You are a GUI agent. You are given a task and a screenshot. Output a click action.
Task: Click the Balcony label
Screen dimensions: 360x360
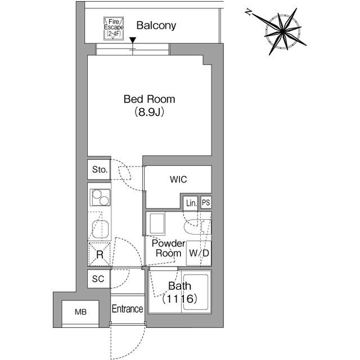(156, 25)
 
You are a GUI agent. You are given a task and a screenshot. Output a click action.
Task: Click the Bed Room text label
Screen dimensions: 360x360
(149, 100)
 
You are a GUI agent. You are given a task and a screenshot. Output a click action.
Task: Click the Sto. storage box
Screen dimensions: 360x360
(100, 169)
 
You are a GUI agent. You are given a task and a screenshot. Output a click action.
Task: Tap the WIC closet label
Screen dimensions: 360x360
(178, 180)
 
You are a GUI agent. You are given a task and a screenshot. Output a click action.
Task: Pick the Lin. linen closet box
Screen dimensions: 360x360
(191, 202)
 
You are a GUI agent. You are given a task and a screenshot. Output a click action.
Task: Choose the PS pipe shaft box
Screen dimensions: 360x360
(206, 202)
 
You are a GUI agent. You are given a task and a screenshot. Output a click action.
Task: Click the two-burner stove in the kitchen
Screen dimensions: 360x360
(100, 198)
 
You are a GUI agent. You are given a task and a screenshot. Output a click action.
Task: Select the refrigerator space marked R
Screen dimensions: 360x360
(100, 254)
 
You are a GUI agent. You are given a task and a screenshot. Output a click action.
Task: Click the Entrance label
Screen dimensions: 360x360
(127, 309)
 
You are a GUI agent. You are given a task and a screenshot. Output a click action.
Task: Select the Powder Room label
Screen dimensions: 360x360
(168, 248)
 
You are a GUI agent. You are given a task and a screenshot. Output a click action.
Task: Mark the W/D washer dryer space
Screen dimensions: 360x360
(199, 253)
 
